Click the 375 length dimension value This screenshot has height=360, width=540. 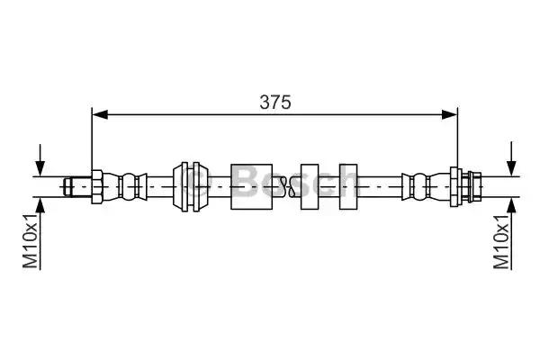(275, 102)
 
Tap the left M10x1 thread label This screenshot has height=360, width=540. (31, 240)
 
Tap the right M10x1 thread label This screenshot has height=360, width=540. (501, 241)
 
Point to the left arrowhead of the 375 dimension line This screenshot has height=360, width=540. (100, 114)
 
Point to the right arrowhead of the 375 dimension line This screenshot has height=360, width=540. (449, 114)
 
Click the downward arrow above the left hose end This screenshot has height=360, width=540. (40, 160)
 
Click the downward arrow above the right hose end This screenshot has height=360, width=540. (512, 158)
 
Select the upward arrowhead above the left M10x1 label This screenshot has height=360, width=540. (40, 206)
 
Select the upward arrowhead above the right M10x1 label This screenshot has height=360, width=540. (512, 206)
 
